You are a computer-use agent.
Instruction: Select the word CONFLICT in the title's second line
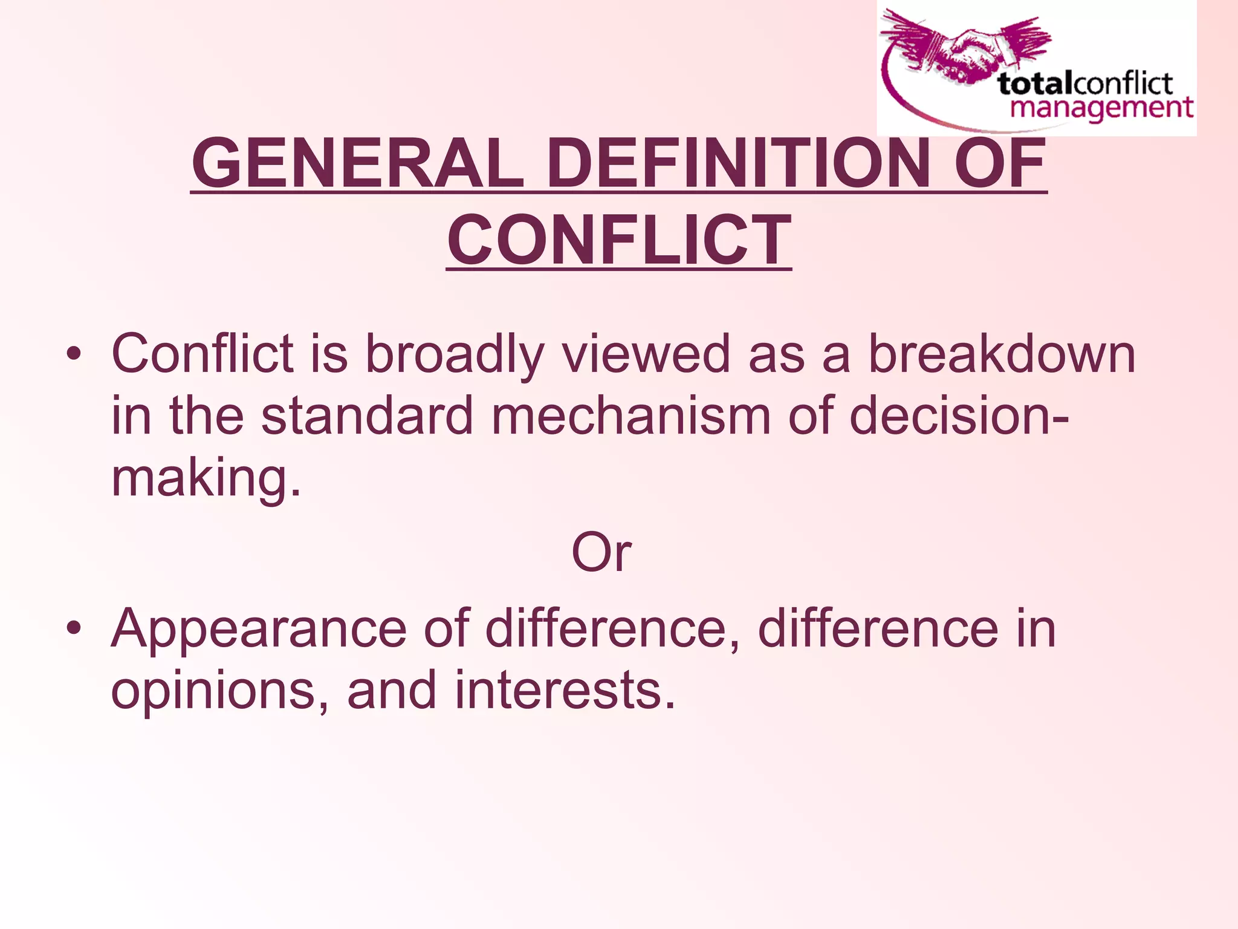tap(619, 241)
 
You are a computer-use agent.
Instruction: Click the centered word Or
tap(601, 552)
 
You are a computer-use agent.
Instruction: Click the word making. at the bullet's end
tap(206, 478)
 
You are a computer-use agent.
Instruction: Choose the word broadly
tap(455, 355)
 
